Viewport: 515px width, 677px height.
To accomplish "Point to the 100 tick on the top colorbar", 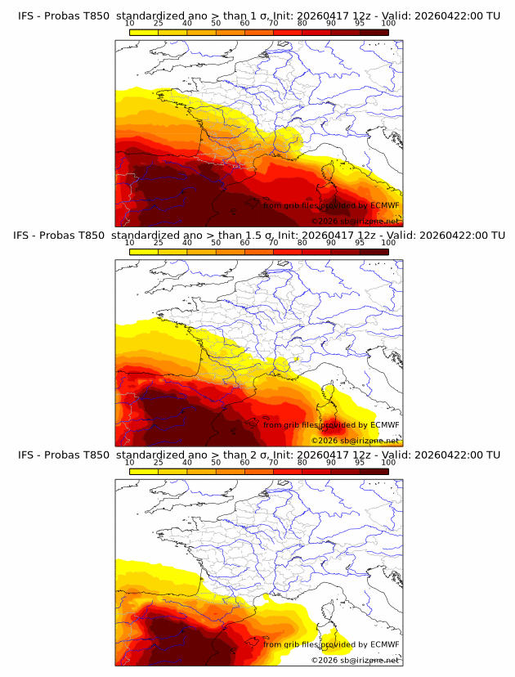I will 387,24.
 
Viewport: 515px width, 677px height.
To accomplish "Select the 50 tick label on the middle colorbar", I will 216,243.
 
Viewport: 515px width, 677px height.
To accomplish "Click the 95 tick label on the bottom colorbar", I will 360,462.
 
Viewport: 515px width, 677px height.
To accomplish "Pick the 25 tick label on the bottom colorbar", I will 158,462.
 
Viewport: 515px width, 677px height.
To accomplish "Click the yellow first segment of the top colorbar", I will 143,32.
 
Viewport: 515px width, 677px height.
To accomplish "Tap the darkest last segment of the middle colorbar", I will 374,251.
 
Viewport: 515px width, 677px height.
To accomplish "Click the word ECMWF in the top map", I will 384,206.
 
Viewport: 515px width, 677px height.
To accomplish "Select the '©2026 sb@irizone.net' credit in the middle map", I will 355,441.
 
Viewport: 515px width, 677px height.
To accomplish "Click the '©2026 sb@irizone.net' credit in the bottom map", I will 355,660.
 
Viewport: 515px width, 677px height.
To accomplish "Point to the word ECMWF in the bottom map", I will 384,645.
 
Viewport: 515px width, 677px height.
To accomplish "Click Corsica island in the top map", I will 332,175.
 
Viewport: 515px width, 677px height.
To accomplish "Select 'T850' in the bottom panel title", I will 96,455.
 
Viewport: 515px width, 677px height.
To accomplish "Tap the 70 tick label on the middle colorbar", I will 273,243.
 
